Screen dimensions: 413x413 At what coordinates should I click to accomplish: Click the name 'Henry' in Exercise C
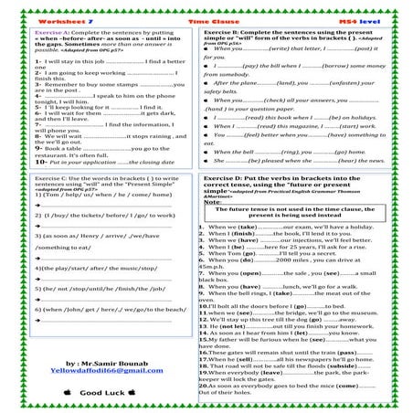pos(84,235)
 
